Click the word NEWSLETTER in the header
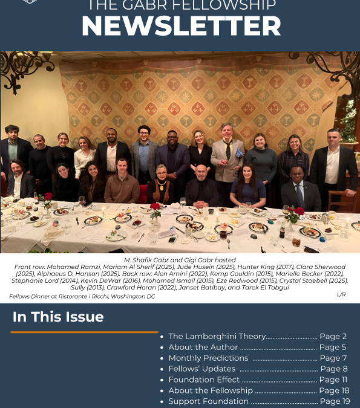pos(181,27)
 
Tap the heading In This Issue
pos(58,317)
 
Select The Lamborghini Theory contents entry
pos(217,337)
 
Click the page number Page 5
pos(333,348)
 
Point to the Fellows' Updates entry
pos(201,369)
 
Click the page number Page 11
pos(333,380)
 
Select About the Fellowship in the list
pos(210,390)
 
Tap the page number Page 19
pos(335,401)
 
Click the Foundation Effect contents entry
pos(204,380)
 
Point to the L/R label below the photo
pos(342,294)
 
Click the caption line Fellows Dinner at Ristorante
pos(82,297)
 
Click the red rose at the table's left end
pos(48,197)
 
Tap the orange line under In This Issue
pos(84,332)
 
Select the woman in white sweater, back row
pos(84,156)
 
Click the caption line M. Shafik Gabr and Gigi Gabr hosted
pos(180,260)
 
